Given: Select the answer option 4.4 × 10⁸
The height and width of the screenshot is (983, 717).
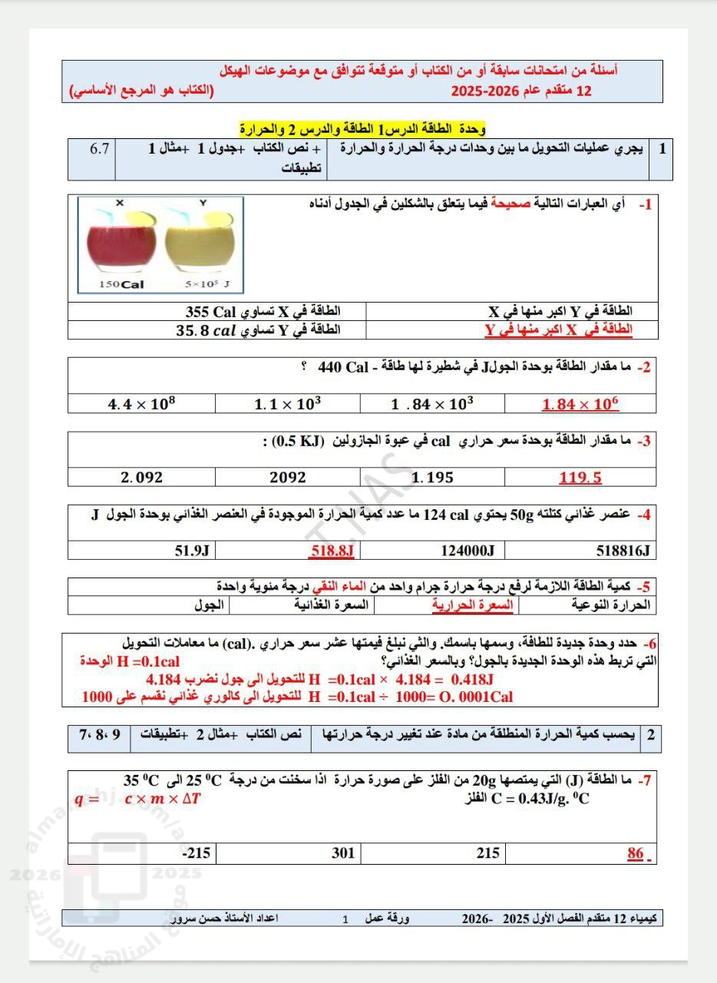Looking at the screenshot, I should coord(141,404).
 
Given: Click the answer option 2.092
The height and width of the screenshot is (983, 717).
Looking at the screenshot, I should coord(142,477).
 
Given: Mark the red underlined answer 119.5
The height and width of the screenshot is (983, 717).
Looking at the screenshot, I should coord(580,478).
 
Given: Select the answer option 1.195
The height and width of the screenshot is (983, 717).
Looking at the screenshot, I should coord(432,478).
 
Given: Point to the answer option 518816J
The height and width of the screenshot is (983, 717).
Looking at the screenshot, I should coord(623,550).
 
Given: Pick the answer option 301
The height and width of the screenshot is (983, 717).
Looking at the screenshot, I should coord(342,852).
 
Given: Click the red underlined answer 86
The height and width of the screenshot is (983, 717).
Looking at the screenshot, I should coord(636,852).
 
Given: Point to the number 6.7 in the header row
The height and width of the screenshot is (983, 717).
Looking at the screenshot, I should coord(100,148).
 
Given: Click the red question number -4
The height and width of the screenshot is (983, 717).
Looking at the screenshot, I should coord(643,515).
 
